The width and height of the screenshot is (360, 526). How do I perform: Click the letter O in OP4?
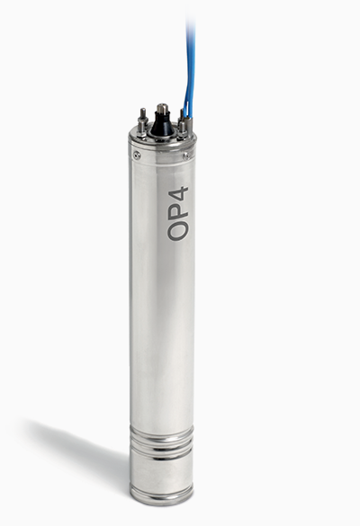pyautogui.click(x=177, y=231)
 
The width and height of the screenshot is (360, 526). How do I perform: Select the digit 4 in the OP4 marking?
pyautogui.click(x=178, y=195)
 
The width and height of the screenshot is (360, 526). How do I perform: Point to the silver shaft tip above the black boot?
pyautogui.click(x=163, y=109)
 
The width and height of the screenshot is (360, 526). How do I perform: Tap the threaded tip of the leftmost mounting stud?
pyautogui.click(x=143, y=112)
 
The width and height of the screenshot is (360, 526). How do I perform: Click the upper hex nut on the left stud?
pyautogui.click(x=143, y=120)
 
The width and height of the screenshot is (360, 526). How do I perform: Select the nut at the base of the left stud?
pyautogui.click(x=142, y=133)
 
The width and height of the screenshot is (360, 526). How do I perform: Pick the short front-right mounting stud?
pyautogui.click(x=182, y=129)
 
